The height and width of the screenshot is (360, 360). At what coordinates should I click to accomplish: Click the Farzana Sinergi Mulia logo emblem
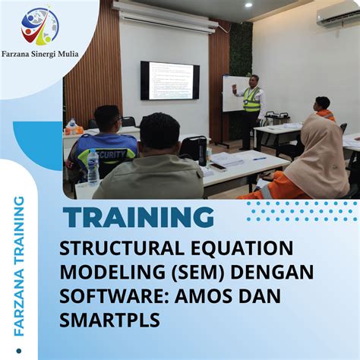pos(39,26)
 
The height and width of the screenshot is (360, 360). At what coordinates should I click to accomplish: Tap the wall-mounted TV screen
pos(169,81)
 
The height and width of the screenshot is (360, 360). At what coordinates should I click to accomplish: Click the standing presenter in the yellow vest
pos(251,106)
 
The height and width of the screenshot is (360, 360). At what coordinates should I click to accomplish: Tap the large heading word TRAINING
pos(138,218)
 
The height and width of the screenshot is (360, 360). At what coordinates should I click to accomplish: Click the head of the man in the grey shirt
pos(160,131)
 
